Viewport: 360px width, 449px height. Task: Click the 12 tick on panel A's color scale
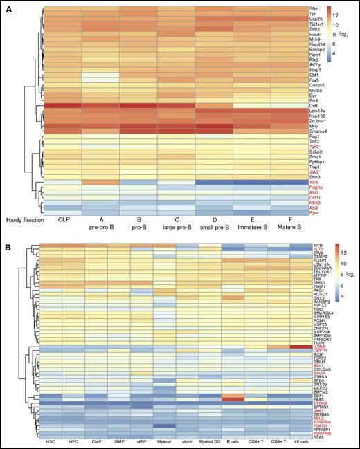point(332,14)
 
